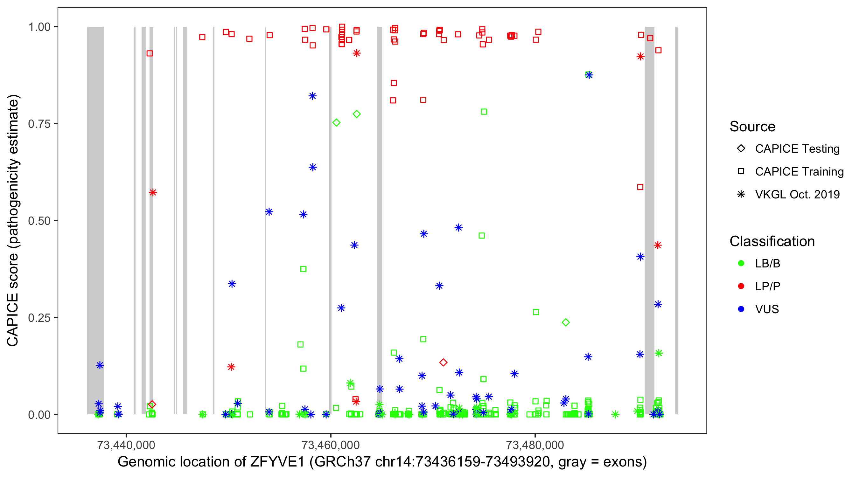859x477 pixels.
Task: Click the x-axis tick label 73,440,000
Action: [x=126, y=445]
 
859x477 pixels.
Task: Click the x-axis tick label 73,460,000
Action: [x=331, y=445]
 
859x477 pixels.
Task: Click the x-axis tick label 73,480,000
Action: [x=535, y=445]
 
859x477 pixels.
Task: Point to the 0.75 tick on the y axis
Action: [x=39, y=124]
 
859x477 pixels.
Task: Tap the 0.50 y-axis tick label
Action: [x=39, y=221]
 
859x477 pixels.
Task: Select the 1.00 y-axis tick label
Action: [x=39, y=27]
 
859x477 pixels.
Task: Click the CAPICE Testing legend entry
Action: [x=797, y=149]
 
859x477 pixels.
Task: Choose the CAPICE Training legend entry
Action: [x=799, y=172]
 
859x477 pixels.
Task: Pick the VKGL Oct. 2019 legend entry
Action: [x=797, y=194]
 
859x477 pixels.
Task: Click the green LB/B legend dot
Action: [x=741, y=263]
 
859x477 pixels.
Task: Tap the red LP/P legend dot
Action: [x=741, y=286]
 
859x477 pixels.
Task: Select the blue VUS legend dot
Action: [x=741, y=309]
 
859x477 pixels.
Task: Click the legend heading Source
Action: [x=752, y=127]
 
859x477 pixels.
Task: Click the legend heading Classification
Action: [x=772, y=241]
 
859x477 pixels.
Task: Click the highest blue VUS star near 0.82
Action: [x=312, y=96]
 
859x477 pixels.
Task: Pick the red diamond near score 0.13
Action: [x=443, y=362]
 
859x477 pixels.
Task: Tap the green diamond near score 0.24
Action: [x=566, y=322]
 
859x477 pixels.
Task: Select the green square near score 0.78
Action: [x=484, y=112]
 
